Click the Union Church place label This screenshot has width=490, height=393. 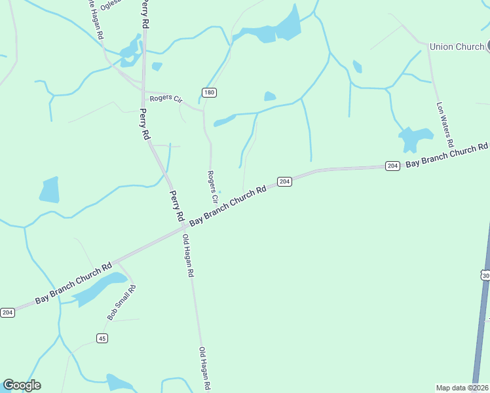click(x=457, y=47)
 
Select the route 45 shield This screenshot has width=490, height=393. click(x=102, y=338)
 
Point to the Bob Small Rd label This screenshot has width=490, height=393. click(x=121, y=303)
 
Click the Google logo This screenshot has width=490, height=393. click(x=22, y=385)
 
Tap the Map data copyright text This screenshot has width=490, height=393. click(x=462, y=387)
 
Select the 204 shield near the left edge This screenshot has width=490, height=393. click(x=7, y=312)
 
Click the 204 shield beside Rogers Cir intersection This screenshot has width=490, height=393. click(x=284, y=181)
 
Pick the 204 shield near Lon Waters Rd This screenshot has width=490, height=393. click(x=392, y=166)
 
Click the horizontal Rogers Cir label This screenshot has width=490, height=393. click(x=165, y=99)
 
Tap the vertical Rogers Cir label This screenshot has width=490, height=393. click(x=212, y=186)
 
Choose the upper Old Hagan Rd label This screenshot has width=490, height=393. click(x=189, y=255)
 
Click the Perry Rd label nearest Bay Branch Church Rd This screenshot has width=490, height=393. click(x=176, y=205)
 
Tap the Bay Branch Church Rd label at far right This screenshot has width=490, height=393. click(x=447, y=155)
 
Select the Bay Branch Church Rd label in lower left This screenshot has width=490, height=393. click(x=74, y=284)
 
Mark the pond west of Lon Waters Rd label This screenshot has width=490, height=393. click(x=415, y=139)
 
